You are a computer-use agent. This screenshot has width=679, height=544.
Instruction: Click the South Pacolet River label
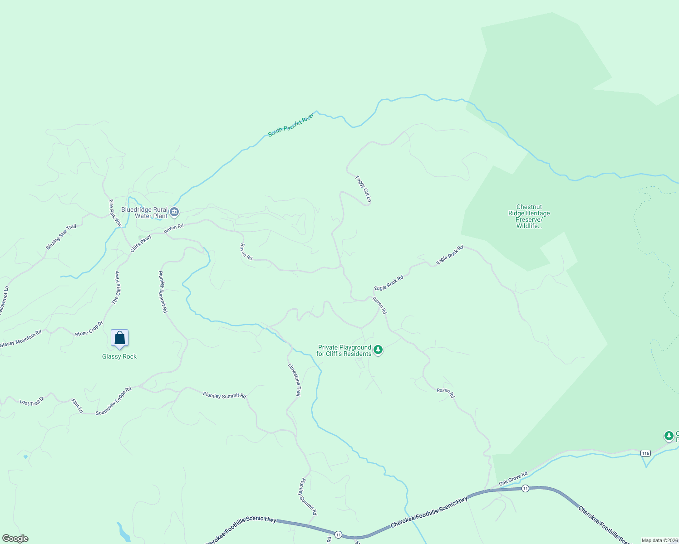pyautogui.click(x=291, y=125)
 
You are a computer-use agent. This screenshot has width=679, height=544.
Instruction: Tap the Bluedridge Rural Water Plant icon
pyautogui.click(x=174, y=212)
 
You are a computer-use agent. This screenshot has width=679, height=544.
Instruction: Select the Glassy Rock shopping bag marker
pyautogui.click(x=120, y=338)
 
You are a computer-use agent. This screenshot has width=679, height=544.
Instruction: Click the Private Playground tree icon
pyautogui.click(x=378, y=350)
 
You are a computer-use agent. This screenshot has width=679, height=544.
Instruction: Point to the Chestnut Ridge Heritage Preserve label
pyautogui.click(x=529, y=216)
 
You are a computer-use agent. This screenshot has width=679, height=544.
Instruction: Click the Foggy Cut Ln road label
pyautogui.click(x=364, y=189)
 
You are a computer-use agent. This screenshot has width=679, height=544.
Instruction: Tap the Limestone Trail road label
pyautogui.click(x=295, y=380)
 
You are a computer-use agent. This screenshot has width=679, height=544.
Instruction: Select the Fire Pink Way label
pyautogui.click(x=115, y=213)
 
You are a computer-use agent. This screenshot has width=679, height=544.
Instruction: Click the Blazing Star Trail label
pyautogui.click(x=61, y=237)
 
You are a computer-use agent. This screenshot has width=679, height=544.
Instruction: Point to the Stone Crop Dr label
pyautogui.click(x=89, y=329)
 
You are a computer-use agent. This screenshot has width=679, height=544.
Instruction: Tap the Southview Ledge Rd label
pyautogui.click(x=113, y=401)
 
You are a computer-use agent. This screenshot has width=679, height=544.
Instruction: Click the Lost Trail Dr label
pyautogui.click(x=32, y=402)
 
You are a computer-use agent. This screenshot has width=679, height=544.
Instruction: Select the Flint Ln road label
pyautogui.click(x=77, y=406)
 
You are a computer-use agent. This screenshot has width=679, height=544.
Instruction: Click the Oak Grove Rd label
pyautogui.click(x=513, y=479)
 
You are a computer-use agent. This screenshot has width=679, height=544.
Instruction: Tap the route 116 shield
pyautogui.click(x=645, y=453)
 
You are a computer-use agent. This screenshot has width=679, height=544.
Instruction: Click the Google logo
pyautogui.click(x=15, y=539)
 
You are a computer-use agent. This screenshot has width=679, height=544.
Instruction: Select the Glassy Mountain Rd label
pyautogui.click(x=21, y=339)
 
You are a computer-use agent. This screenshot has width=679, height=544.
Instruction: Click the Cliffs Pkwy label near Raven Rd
pyautogui.click(x=141, y=243)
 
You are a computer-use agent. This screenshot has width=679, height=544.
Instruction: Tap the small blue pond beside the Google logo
pyautogui.click(x=122, y=532)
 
